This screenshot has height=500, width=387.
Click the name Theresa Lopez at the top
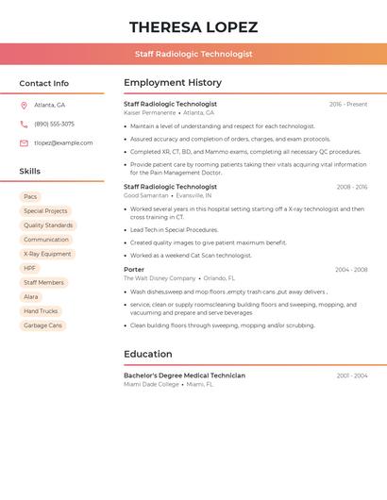(x=193, y=27)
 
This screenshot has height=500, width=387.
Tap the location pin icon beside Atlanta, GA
(x=24, y=106)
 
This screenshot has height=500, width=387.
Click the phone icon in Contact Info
(x=24, y=125)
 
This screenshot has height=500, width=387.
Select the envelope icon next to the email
(x=24, y=143)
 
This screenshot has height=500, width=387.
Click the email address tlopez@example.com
(x=63, y=143)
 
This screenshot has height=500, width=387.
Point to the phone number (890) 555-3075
(x=54, y=125)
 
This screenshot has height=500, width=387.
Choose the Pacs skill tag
(x=30, y=197)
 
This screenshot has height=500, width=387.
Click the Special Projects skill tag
(x=45, y=211)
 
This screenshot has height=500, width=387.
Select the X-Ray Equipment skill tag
(x=47, y=254)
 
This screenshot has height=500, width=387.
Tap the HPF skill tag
(x=30, y=268)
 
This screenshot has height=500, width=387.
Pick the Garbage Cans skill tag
(x=42, y=325)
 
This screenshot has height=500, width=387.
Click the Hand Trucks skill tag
(x=41, y=311)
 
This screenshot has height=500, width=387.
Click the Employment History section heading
(x=173, y=83)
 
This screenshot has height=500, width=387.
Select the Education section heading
(x=147, y=355)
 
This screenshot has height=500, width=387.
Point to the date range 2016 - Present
(x=348, y=105)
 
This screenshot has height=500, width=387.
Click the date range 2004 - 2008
(x=351, y=270)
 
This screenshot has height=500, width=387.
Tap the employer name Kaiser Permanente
(x=149, y=113)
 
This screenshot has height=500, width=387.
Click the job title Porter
(x=134, y=270)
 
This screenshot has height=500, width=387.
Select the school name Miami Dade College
(x=151, y=385)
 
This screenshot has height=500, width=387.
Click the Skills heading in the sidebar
(x=30, y=172)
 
